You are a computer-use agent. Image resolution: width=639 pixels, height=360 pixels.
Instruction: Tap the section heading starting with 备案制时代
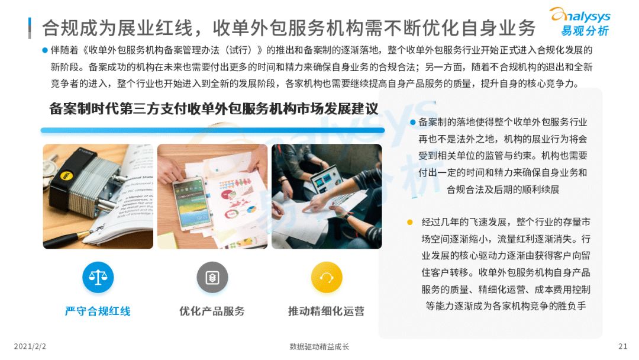pyautogui.click(x=214, y=108)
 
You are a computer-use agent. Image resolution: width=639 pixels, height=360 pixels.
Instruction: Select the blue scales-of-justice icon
pyautogui.click(x=98, y=277)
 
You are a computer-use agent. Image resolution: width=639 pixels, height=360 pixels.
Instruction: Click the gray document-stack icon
pyautogui.click(x=212, y=277)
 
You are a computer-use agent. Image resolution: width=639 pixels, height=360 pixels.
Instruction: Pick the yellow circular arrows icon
pyautogui.click(x=326, y=277)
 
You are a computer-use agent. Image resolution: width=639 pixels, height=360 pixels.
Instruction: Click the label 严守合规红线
pyautogui.click(x=98, y=311)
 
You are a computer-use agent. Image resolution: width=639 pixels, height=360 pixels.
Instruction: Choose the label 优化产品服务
pyautogui.click(x=212, y=311)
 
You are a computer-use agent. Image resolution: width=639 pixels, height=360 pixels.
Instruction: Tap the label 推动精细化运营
pyautogui.click(x=326, y=311)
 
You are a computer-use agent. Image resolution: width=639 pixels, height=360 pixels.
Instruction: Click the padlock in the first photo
pyautogui.click(x=77, y=178)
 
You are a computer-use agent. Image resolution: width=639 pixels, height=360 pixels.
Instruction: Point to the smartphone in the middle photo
pyautogui.click(x=192, y=202)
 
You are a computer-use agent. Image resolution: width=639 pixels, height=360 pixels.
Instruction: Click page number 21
pyautogui.click(x=622, y=346)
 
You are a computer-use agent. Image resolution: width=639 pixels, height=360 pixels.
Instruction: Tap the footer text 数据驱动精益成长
pyautogui.click(x=319, y=346)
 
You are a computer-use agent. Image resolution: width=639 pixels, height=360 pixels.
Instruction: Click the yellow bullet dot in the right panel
pyautogui.click(x=409, y=223)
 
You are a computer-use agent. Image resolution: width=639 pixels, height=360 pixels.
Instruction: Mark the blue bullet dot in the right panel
pyautogui.click(x=413, y=123)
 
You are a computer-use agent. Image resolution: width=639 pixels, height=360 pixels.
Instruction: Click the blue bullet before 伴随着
pyautogui.click(x=45, y=50)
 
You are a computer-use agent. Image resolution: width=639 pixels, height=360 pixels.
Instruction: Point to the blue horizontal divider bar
pyautogui.click(x=212, y=130)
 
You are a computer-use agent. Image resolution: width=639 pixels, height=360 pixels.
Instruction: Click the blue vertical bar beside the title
pyautogui.click(x=30, y=27)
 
